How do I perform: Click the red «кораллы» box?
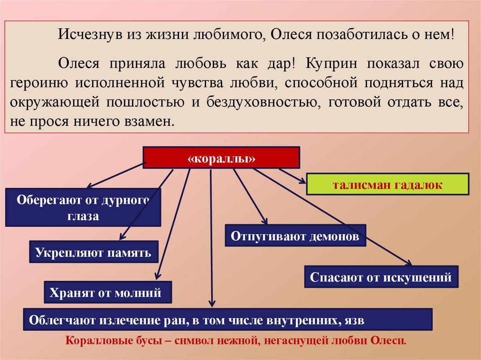(221, 157)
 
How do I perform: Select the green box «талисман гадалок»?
(388, 184)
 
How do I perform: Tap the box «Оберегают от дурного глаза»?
(83, 207)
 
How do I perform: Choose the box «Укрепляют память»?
(93, 253)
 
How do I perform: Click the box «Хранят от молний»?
(108, 293)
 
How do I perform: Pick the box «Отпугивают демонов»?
(295, 236)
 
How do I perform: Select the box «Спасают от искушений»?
(380, 277)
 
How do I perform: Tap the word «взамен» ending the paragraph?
(153, 122)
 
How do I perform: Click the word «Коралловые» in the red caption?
(94, 340)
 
